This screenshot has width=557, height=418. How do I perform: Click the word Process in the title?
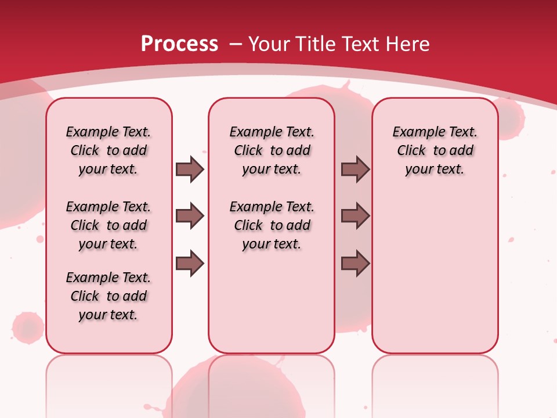click(179, 44)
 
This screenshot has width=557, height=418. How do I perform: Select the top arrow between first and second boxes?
click(190, 169)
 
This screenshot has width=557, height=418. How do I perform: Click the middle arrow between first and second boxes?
click(190, 216)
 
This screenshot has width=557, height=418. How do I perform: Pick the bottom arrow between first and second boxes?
click(190, 264)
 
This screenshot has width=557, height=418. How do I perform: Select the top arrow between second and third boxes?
click(355, 169)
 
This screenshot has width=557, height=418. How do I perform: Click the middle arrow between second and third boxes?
click(355, 216)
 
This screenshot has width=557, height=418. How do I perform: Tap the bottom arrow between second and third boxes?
click(355, 264)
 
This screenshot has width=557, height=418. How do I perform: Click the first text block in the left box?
click(108, 150)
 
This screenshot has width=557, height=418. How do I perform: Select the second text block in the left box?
click(108, 225)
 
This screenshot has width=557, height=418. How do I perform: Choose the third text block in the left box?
click(108, 296)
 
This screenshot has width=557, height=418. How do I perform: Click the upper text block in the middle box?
click(272, 150)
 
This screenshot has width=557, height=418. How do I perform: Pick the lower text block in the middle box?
click(272, 225)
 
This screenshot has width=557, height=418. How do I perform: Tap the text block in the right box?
click(435, 150)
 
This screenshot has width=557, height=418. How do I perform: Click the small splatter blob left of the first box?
click(27, 327)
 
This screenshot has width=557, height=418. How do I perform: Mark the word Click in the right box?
click(411, 151)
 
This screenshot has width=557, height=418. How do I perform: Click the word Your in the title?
click(269, 44)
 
